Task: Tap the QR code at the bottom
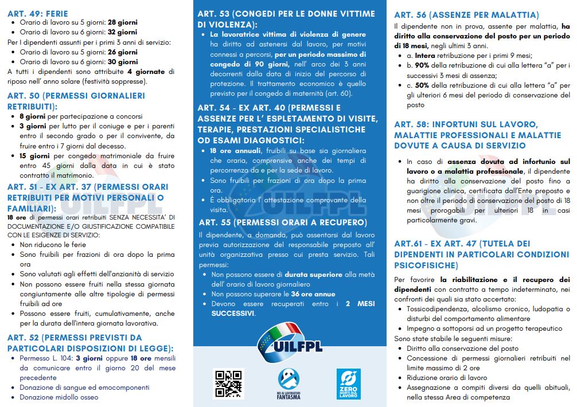click(x=229, y=383)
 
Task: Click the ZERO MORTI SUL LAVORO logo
click(x=348, y=383)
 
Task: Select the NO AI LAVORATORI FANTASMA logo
click(x=288, y=383)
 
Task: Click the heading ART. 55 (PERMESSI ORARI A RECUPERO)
click(x=283, y=222)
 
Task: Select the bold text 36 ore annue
click(x=313, y=294)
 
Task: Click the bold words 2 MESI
click(x=360, y=304)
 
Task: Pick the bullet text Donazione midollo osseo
click(x=59, y=397)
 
